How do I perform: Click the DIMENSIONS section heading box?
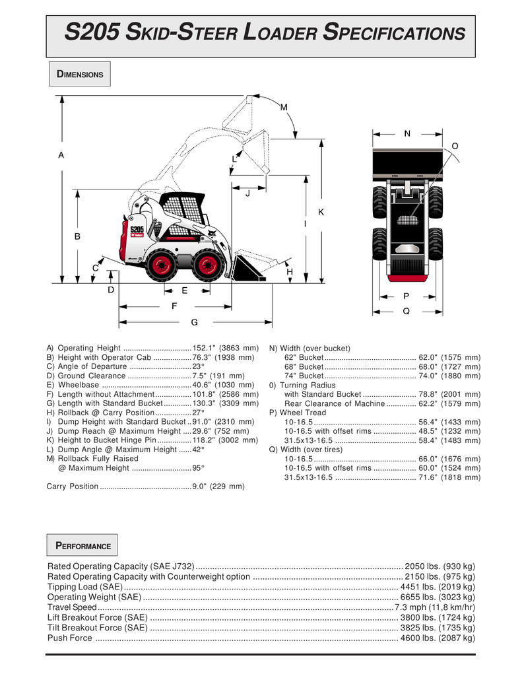80,75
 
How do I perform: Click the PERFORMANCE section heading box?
82,546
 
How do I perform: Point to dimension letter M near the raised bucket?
284,107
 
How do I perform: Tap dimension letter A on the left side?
61,155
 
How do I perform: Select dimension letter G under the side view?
195,322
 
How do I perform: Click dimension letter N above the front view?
407,133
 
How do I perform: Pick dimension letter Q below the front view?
406,311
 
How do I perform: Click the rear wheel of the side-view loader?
161,265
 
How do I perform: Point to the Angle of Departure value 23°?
198,366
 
